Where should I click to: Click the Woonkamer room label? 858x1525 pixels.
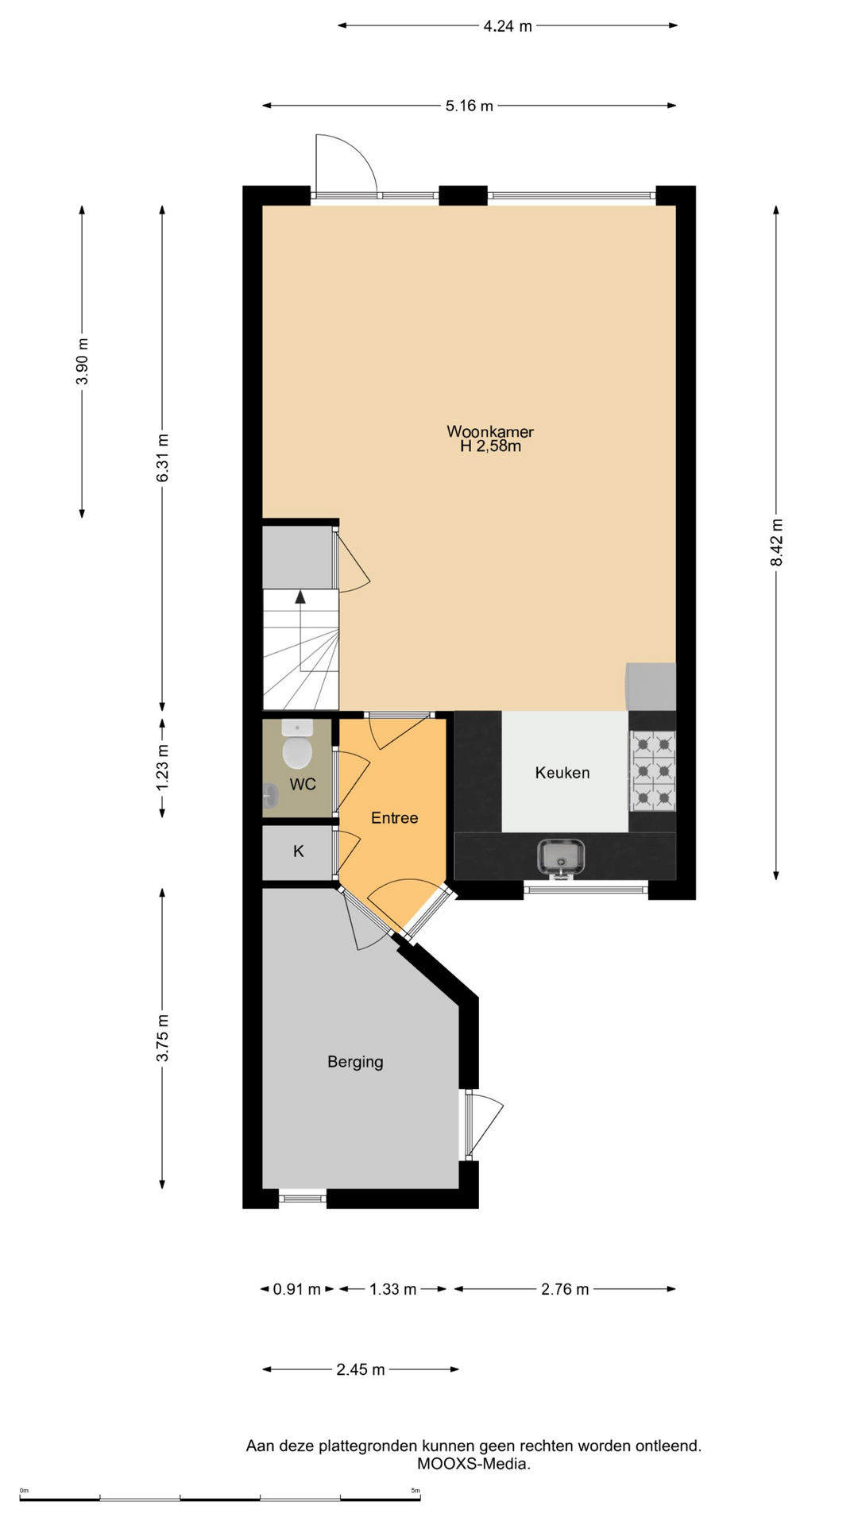490,432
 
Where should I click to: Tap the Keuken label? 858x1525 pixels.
562,773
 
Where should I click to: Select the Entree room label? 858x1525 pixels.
395,818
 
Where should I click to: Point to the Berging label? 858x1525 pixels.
355,1062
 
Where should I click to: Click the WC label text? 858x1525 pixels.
303,785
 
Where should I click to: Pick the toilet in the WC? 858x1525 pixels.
297,745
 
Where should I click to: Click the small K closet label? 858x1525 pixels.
299,851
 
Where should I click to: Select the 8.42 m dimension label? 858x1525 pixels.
777,542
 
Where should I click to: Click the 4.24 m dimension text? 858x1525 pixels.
508,26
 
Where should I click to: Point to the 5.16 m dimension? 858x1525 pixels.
470,106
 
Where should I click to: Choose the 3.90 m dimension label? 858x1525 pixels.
82,361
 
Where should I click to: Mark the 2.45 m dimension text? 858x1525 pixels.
361,1369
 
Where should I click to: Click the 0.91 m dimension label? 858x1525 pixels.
297,1289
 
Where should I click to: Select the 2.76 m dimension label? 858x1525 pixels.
565,1289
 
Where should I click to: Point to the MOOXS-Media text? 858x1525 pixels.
473,1464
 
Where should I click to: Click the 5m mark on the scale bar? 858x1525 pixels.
415,1491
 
